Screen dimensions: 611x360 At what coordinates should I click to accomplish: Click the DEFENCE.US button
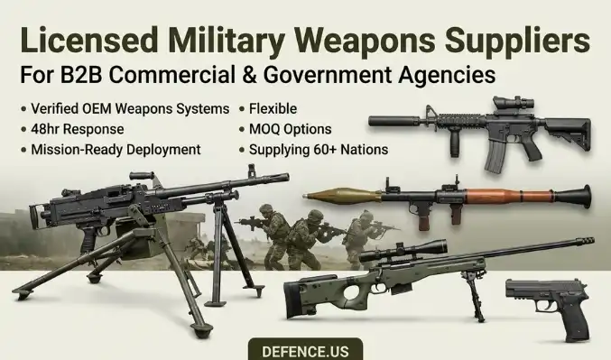click(305, 349)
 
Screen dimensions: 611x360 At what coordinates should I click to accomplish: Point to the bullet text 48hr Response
click(77, 129)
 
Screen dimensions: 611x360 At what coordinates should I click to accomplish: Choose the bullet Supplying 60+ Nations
click(319, 150)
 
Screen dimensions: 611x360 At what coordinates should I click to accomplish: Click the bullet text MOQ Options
click(291, 129)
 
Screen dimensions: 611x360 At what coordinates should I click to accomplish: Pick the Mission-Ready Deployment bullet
click(116, 150)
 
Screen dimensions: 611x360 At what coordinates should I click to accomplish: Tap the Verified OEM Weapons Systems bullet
click(130, 109)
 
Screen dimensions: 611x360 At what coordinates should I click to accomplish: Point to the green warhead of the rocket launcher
click(342, 196)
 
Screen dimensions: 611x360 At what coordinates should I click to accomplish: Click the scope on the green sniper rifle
click(403, 251)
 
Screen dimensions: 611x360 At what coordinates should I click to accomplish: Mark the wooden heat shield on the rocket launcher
click(509, 196)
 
